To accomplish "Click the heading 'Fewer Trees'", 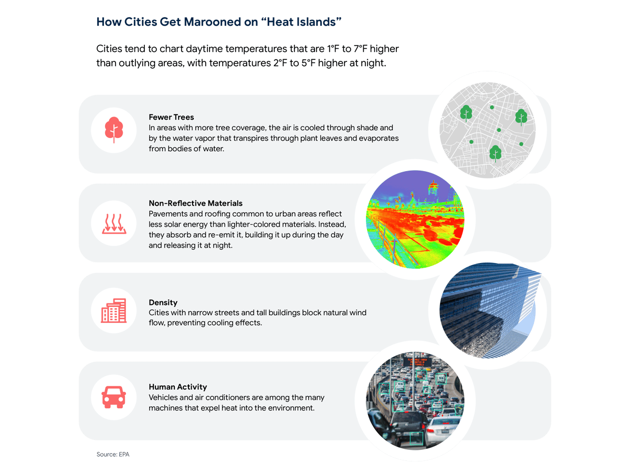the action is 171,117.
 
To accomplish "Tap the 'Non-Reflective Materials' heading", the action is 195,203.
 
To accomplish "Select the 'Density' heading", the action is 163,302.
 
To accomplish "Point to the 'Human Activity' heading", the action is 178,387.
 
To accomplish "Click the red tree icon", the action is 114,130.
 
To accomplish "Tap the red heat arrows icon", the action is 114,224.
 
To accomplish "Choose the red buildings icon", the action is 113,311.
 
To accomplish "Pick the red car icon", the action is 113,397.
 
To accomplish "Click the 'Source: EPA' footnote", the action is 113,454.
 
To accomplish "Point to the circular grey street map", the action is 487,130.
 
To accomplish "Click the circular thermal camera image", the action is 415,219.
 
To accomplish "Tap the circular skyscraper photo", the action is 487,311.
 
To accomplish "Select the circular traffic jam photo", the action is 415,401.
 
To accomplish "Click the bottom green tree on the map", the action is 495,153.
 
